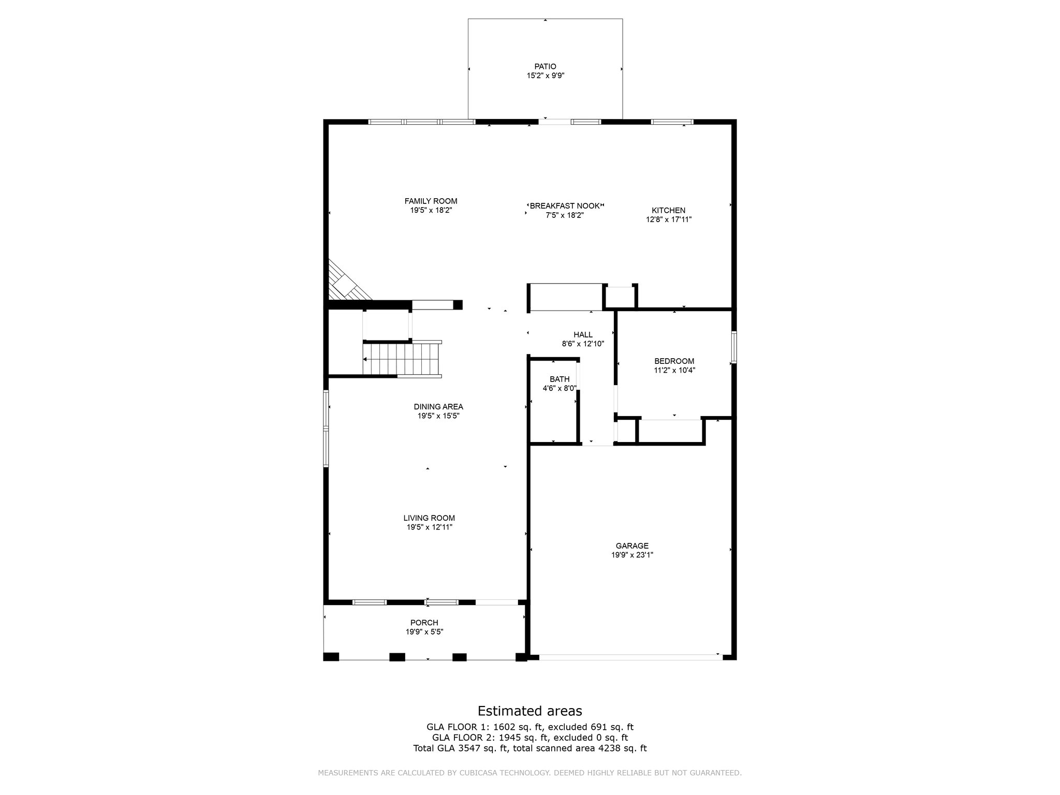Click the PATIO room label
pos(545,66)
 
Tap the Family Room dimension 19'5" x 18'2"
pos(431,211)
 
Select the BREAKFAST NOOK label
pos(565,205)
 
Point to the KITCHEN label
pos(668,210)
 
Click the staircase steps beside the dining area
pos(402,359)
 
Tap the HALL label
pos(583,334)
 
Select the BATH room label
pos(560,379)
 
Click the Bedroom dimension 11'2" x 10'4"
pos(674,370)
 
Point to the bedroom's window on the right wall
pos(733,347)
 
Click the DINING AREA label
pos(438,406)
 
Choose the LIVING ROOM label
pos(429,518)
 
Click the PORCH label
pos(424,623)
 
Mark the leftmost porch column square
pos(331,657)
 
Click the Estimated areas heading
pos(529,711)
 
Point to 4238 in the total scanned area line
pos(610,748)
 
